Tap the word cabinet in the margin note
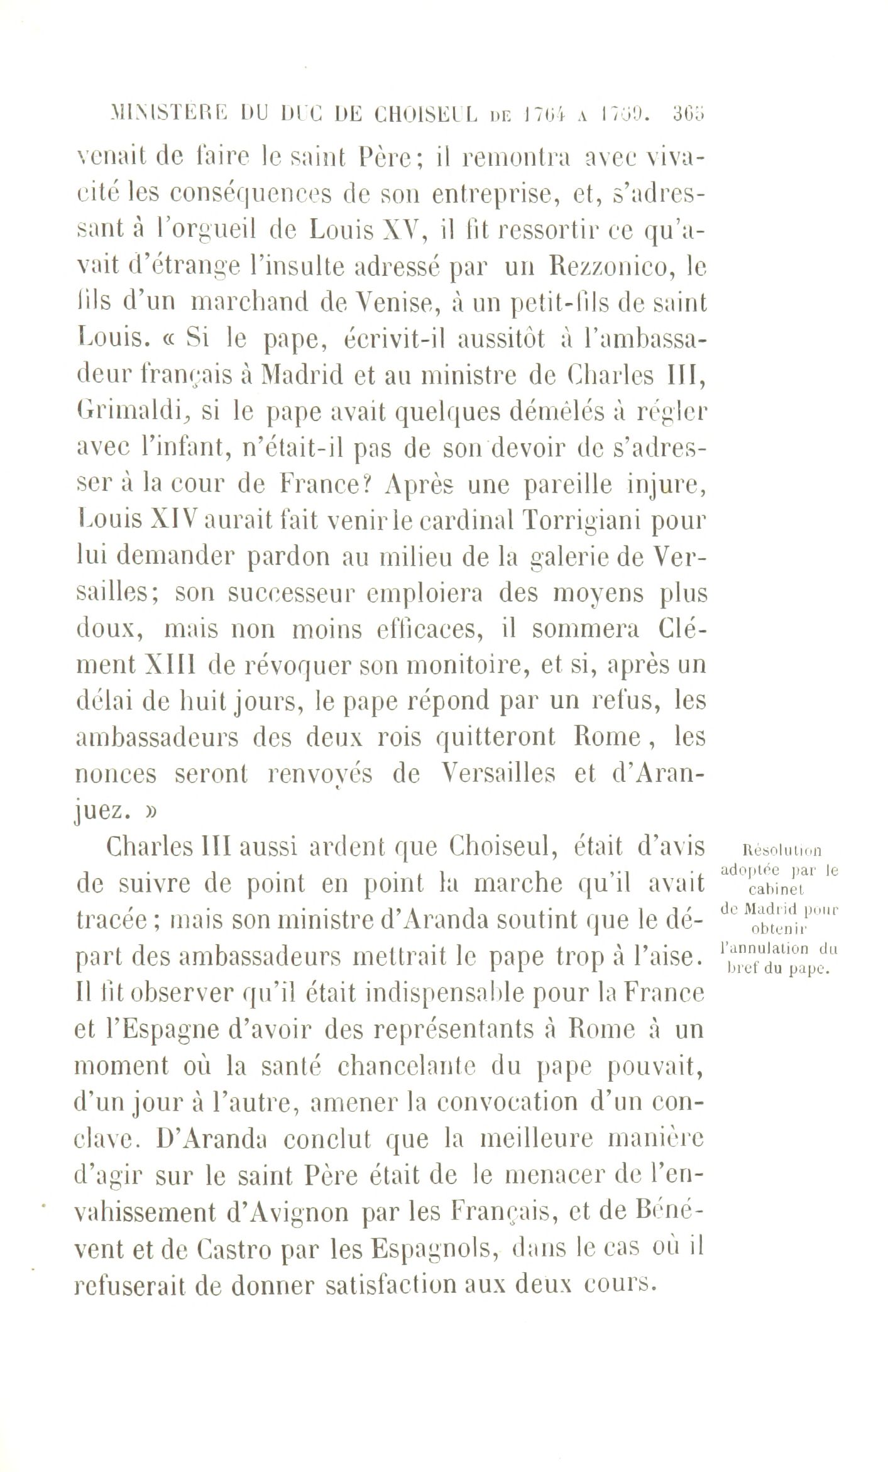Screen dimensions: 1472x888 click(x=777, y=889)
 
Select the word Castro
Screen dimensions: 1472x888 click(x=237, y=1249)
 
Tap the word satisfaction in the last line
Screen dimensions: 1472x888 click(x=393, y=1285)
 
